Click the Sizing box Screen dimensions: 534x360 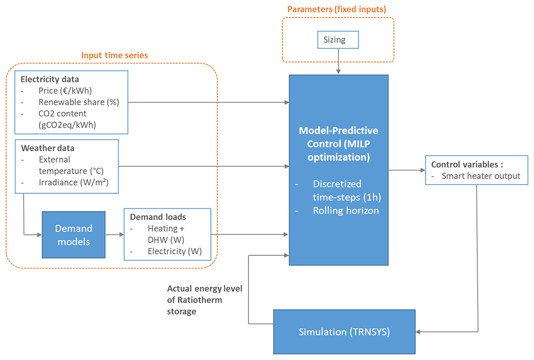338,40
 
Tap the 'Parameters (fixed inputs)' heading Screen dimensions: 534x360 337,9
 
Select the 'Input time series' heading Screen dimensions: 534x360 114,55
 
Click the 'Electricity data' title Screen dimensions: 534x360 50,80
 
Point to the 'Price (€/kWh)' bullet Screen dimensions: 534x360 65,91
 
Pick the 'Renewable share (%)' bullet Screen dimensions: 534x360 78,102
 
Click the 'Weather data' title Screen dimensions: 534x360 48,148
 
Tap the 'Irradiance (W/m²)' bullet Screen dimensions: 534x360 74,183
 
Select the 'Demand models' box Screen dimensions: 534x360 74,234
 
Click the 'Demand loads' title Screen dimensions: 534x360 158,217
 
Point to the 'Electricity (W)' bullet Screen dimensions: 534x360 175,252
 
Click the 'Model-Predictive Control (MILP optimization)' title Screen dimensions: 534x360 339,144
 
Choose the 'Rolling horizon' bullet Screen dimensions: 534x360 345,210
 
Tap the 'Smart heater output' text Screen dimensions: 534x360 481,176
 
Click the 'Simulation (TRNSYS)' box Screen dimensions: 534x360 344,332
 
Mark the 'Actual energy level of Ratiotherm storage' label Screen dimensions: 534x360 205,300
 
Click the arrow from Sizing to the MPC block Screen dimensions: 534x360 338,61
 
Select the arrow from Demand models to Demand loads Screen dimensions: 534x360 114,234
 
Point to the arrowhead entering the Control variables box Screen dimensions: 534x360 423,170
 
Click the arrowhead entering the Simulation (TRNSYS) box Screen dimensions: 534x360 418,332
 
